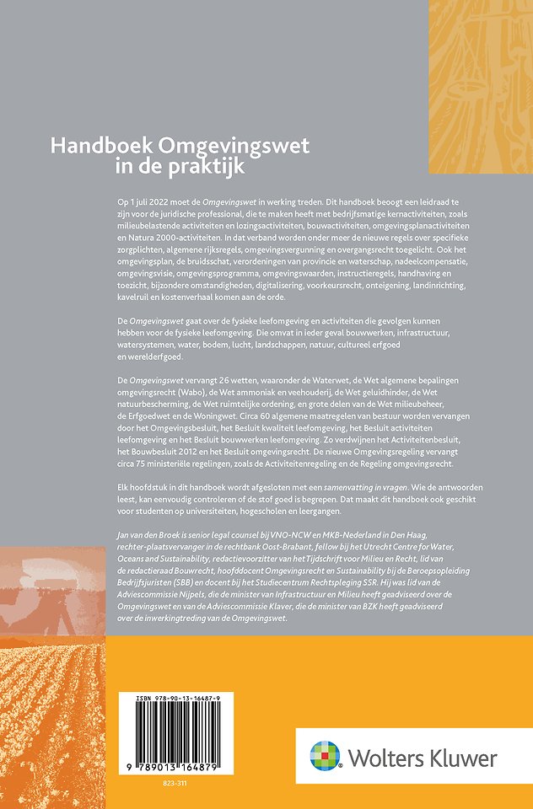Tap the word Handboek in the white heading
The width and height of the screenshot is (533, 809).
87,145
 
